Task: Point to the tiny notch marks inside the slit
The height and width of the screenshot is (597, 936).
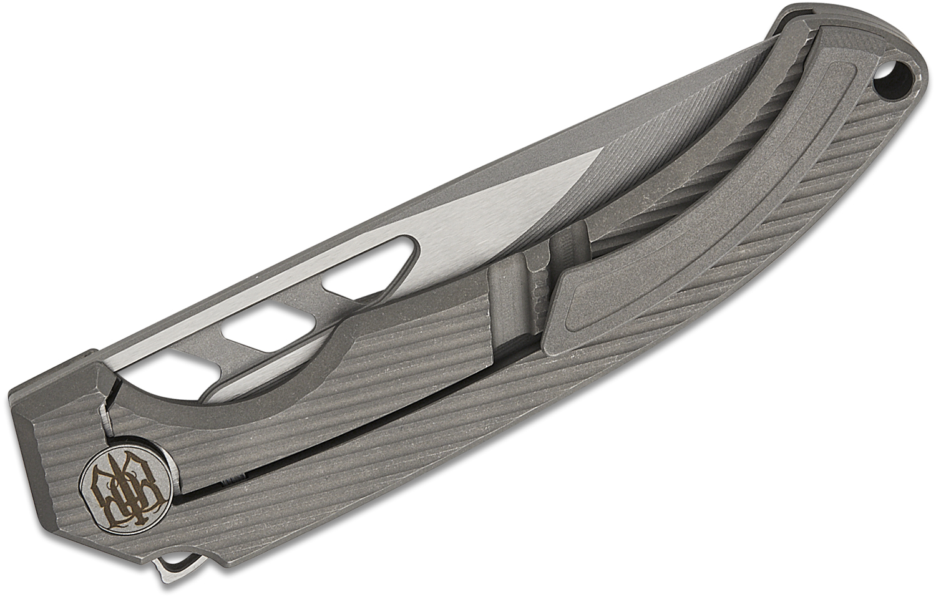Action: tap(231, 482)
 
